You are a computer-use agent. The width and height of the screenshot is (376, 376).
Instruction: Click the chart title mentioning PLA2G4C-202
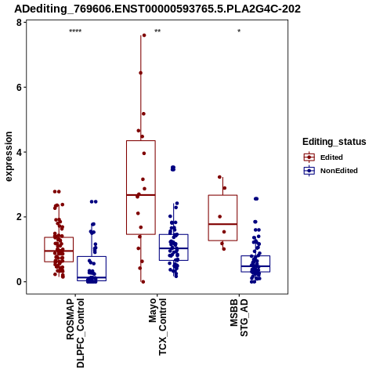click(x=157, y=9)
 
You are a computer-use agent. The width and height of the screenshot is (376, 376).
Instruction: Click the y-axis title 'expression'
click(x=9, y=157)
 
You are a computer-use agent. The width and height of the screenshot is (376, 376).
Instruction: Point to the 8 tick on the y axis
click(x=19, y=23)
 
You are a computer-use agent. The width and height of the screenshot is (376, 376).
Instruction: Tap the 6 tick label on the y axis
click(x=19, y=88)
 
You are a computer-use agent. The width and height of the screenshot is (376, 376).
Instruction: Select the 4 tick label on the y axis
click(x=19, y=152)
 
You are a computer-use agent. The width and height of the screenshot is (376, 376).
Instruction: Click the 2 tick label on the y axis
click(x=19, y=217)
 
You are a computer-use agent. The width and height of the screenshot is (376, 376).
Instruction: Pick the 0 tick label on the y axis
click(x=19, y=282)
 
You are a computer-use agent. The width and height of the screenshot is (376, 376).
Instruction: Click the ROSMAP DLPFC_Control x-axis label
click(x=75, y=333)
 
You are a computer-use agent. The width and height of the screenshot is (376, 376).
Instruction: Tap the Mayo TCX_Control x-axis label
click(x=157, y=327)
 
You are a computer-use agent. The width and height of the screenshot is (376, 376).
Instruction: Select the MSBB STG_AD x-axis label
click(x=239, y=317)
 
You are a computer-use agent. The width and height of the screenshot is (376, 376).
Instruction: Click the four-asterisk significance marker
click(x=75, y=31)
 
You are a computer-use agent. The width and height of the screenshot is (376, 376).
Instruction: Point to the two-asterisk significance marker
click(x=157, y=31)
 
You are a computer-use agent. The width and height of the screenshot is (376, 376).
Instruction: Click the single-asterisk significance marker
click(x=239, y=31)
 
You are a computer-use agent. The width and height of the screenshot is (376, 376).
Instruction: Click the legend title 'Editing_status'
click(x=334, y=142)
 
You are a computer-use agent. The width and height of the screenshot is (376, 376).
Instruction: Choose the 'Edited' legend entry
click(x=324, y=157)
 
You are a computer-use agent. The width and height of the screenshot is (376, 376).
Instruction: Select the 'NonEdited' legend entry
click(x=331, y=171)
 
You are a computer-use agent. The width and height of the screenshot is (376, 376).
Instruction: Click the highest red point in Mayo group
click(x=144, y=35)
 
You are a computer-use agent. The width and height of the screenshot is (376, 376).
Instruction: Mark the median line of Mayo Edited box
click(x=141, y=195)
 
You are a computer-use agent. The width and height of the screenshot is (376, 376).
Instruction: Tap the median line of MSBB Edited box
click(x=222, y=224)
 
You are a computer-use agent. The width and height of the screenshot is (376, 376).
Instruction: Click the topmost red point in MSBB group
click(x=219, y=177)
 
